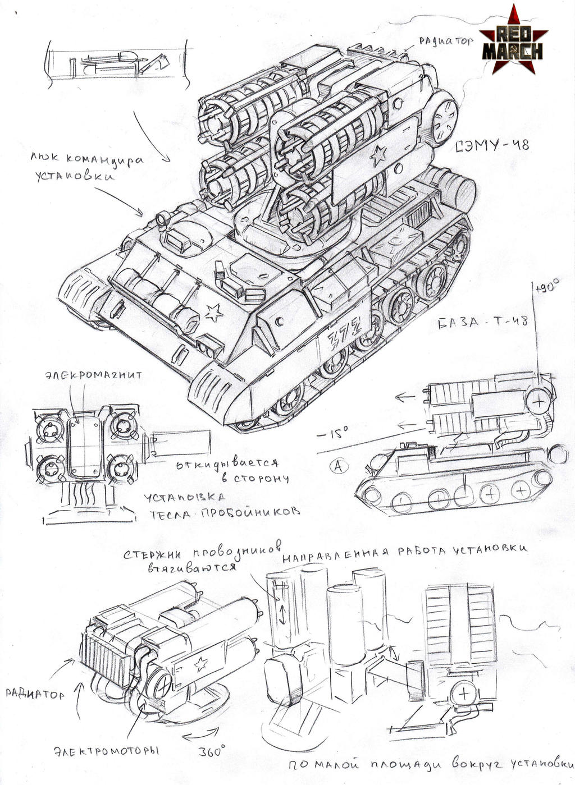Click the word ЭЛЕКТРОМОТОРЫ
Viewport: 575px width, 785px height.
[x=107, y=751]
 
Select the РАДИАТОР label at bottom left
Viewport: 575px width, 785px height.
[x=35, y=694]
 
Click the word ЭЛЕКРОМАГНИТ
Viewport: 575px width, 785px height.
[x=93, y=375]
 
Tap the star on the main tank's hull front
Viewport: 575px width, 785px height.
[x=213, y=313]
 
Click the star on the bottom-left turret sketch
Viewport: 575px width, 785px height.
[x=199, y=664]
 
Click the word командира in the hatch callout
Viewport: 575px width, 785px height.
[x=110, y=159]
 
